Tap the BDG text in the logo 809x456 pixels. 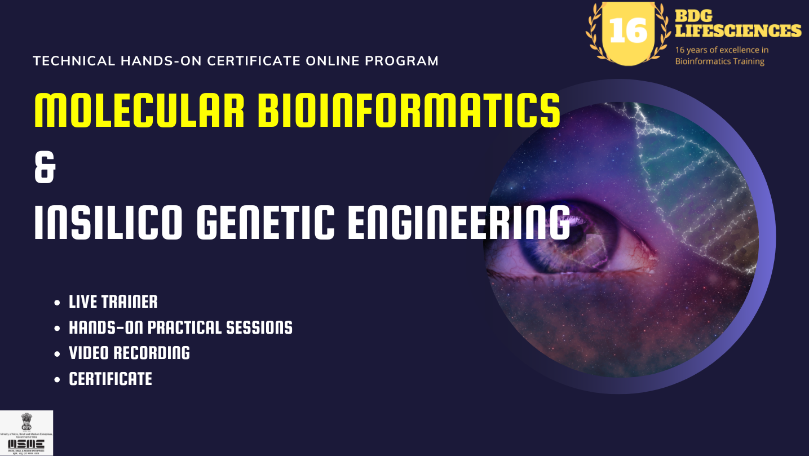click(693, 15)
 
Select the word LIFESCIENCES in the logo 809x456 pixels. click(738, 30)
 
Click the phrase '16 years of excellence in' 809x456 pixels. click(722, 50)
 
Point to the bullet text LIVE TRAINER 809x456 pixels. click(113, 302)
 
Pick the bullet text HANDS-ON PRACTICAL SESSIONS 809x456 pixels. click(180, 327)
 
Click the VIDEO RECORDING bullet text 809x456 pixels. click(129, 353)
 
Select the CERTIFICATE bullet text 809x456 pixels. click(110, 379)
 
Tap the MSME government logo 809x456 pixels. click(26, 433)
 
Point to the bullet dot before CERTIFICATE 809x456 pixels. click(57, 380)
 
